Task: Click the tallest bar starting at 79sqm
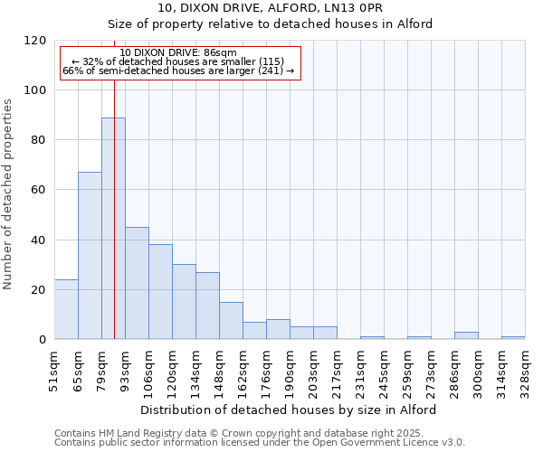click(x=113, y=228)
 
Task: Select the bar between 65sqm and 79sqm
click(x=90, y=255)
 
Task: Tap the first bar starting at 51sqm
click(x=66, y=309)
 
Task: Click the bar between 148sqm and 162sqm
click(x=231, y=320)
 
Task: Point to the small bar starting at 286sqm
click(x=466, y=335)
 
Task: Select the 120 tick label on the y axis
click(x=35, y=41)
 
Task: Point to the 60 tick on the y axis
click(x=39, y=190)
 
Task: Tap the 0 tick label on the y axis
click(x=43, y=340)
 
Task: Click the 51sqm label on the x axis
click(x=55, y=370)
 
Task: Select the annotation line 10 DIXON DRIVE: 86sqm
click(x=178, y=53)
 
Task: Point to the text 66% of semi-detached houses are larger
click(x=178, y=71)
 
